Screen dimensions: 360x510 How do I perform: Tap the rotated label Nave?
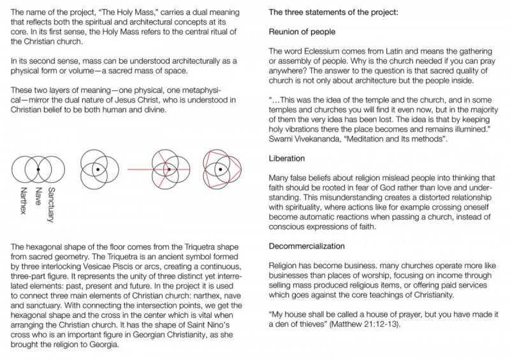pyautogui.click(x=37, y=194)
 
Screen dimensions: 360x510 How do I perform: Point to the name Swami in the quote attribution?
pyautogui.click(x=282, y=138)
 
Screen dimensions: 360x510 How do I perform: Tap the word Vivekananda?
pyautogui.click(x=323, y=138)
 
